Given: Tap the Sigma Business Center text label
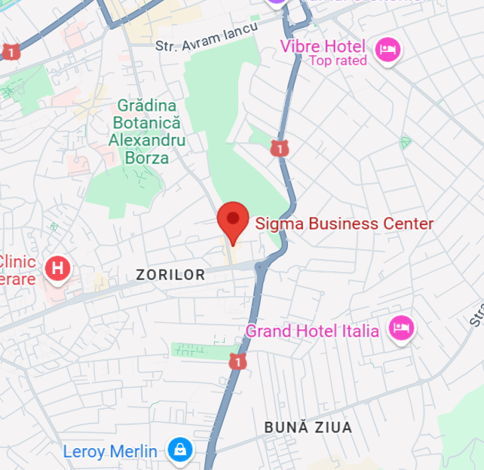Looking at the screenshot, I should (x=345, y=224).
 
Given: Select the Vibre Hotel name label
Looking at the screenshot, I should (x=323, y=47).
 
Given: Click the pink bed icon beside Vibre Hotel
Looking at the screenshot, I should (x=388, y=50).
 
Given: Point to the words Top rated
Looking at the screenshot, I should (x=338, y=61).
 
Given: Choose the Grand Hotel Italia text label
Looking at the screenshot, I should (x=312, y=331).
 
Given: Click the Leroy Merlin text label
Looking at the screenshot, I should (x=110, y=452).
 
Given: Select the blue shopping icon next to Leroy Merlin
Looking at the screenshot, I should (x=179, y=450).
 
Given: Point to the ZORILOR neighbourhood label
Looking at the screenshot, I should (x=170, y=275).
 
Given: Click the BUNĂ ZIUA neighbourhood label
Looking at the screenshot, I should (x=308, y=428).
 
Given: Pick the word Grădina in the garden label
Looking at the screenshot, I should (x=146, y=105).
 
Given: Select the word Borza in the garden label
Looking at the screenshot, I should (x=147, y=157).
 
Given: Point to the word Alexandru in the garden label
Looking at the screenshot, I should (x=146, y=140).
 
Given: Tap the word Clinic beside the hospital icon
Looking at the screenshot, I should (x=17, y=262).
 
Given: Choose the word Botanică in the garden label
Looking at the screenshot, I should (x=146, y=123).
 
